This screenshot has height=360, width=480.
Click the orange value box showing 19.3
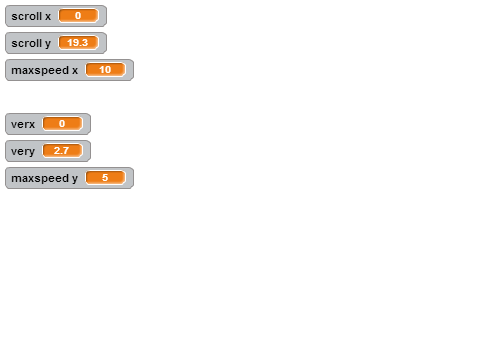point(78,43)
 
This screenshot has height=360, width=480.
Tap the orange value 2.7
point(62,151)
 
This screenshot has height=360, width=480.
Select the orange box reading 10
point(105,70)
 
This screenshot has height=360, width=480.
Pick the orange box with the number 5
point(105,178)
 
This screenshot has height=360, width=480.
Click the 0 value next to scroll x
point(78,16)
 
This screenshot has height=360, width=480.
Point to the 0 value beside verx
point(62,124)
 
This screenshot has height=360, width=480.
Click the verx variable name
point(23,124)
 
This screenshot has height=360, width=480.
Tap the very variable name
point(23,152)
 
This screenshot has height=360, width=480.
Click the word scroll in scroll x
point(27,16)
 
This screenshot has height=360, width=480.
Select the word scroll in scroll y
point(27,43)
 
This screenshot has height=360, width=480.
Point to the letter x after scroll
point(48,17)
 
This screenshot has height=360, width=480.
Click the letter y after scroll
point(48,44)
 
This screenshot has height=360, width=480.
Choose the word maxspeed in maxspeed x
point(40,71)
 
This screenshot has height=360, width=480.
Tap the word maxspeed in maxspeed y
point(40,179)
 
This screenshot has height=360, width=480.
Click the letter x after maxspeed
point(75,71)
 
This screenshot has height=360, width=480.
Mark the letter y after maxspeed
point(75,179)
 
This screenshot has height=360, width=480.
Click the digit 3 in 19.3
point(85,43)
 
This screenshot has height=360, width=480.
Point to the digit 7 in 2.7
point(66,151)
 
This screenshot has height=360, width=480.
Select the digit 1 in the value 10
point(102,70)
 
